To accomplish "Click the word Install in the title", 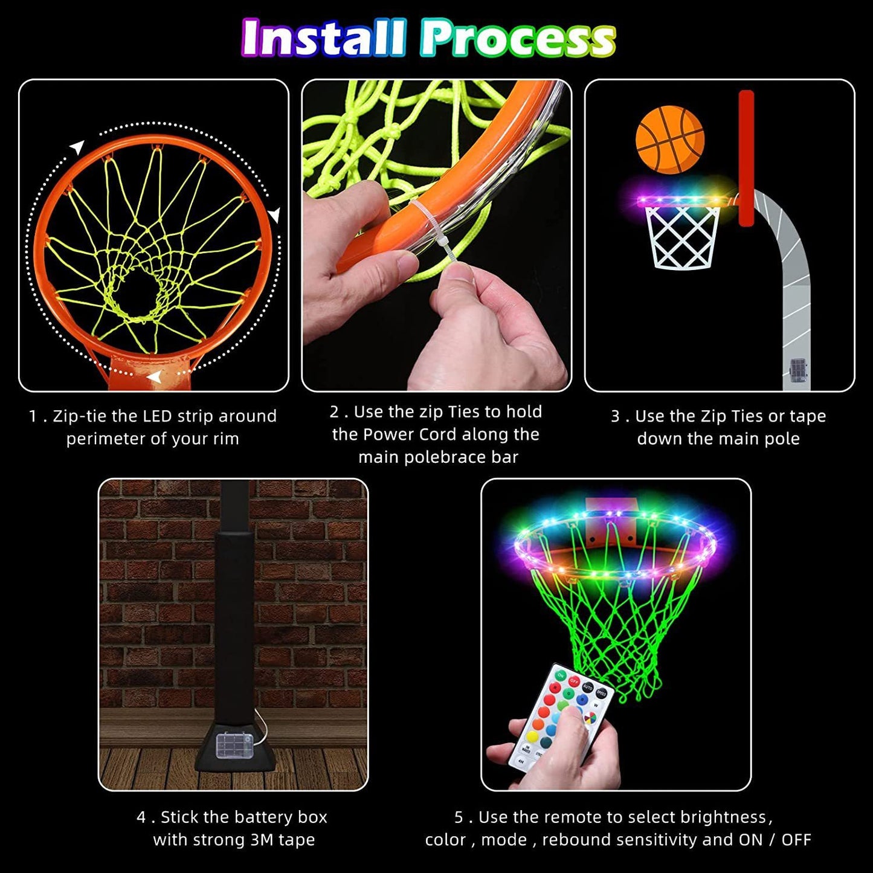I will [x=323, y=37].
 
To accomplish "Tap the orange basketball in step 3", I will [x=670, y=140].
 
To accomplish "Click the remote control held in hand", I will [x=559, y=719].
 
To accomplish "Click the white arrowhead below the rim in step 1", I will [x=155, y=378].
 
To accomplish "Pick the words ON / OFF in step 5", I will [x=775, y=840].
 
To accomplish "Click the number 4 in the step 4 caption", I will [x=141, y=817].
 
